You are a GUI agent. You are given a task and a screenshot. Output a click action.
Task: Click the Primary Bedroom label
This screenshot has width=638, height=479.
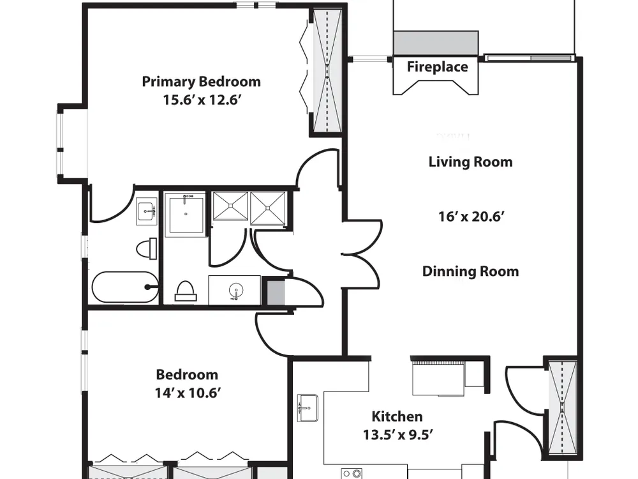201,82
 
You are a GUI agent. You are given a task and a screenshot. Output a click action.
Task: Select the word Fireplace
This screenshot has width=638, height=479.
438,67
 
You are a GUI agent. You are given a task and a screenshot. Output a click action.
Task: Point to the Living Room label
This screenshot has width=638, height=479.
470,162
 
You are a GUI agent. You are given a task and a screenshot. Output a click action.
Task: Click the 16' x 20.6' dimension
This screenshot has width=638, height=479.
471,217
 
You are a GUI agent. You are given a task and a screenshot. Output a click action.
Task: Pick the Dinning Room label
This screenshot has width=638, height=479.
470,271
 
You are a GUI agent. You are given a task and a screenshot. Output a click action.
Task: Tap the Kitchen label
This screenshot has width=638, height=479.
397,416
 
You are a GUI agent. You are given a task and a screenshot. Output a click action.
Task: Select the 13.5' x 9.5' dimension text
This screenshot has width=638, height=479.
397,435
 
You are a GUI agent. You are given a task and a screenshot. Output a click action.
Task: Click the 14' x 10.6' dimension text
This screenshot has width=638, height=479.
188,393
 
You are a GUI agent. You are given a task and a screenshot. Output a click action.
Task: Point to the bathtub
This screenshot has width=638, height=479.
125,287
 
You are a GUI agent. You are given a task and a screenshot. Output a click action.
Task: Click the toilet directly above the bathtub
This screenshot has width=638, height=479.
147,248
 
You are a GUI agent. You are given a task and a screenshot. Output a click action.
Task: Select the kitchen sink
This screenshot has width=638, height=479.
308,407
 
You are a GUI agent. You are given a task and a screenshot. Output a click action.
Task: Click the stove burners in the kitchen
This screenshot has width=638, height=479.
352,473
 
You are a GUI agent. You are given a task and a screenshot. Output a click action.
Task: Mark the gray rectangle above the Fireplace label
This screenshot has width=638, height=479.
436,43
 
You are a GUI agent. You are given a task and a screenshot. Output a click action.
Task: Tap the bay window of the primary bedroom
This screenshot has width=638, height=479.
61,143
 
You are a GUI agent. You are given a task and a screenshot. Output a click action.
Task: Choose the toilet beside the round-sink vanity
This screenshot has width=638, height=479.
186,291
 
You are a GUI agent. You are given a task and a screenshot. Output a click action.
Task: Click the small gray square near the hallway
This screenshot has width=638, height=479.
276,292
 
